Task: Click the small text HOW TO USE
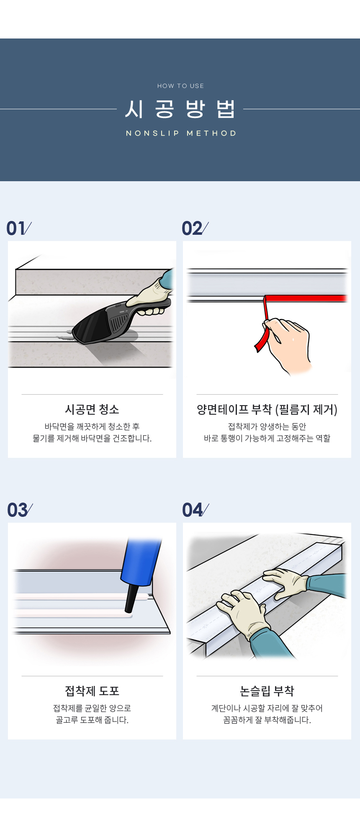click(x=180, y=86)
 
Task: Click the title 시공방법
click(x=180, y=109)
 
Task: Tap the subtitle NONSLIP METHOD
click(x=181, y=133)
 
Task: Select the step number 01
click(x=16, y=229)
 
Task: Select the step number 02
click(x=192, y=229)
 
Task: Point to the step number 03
click(x=17, y=510)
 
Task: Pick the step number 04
click(x=193, y=510)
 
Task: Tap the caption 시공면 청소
click(x=92, y=409)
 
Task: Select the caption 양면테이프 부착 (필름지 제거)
click(x=267, y=409)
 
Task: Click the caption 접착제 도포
click(x=92, y=691)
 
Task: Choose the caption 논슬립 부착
click(x=267, y=691)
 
